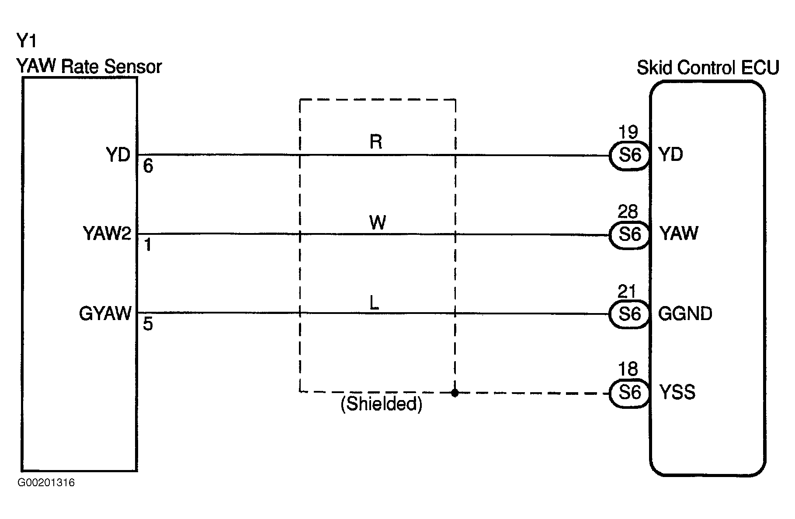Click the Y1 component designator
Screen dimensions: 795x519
click(x=26, y=41)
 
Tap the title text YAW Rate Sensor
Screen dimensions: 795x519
click(x=89, y=66)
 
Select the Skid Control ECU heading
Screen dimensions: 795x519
click(x=708, y=68)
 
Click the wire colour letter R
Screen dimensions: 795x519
click(x=376, y=142)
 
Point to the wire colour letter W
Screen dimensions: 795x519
click(x=378, y=223)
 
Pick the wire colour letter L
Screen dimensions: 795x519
click(x=374, y=303)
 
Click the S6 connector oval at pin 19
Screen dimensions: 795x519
click(x=629, y=155)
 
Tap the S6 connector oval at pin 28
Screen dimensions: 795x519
click(x=629, y=234)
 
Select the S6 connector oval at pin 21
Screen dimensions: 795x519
click(x=629, y=314)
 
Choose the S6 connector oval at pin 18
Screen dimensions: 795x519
click(x=629, y=393)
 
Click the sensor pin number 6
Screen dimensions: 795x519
click(x=148, y=166)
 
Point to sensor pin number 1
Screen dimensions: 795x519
click(x=148, y=245)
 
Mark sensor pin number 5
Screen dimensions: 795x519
click(x=148, y=324)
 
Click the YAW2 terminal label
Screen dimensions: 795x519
click(x=107, y=233)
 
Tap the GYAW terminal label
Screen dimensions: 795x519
click(x=105, y=313)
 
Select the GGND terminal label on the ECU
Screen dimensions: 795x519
click(x=685, y=313)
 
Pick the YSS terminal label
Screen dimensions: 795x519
click(x=677, y=392)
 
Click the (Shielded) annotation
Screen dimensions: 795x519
click(x=382, y=404)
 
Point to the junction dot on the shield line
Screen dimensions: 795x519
click(x=455, y=393)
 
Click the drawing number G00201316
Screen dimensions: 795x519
click(x=46, y=483)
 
